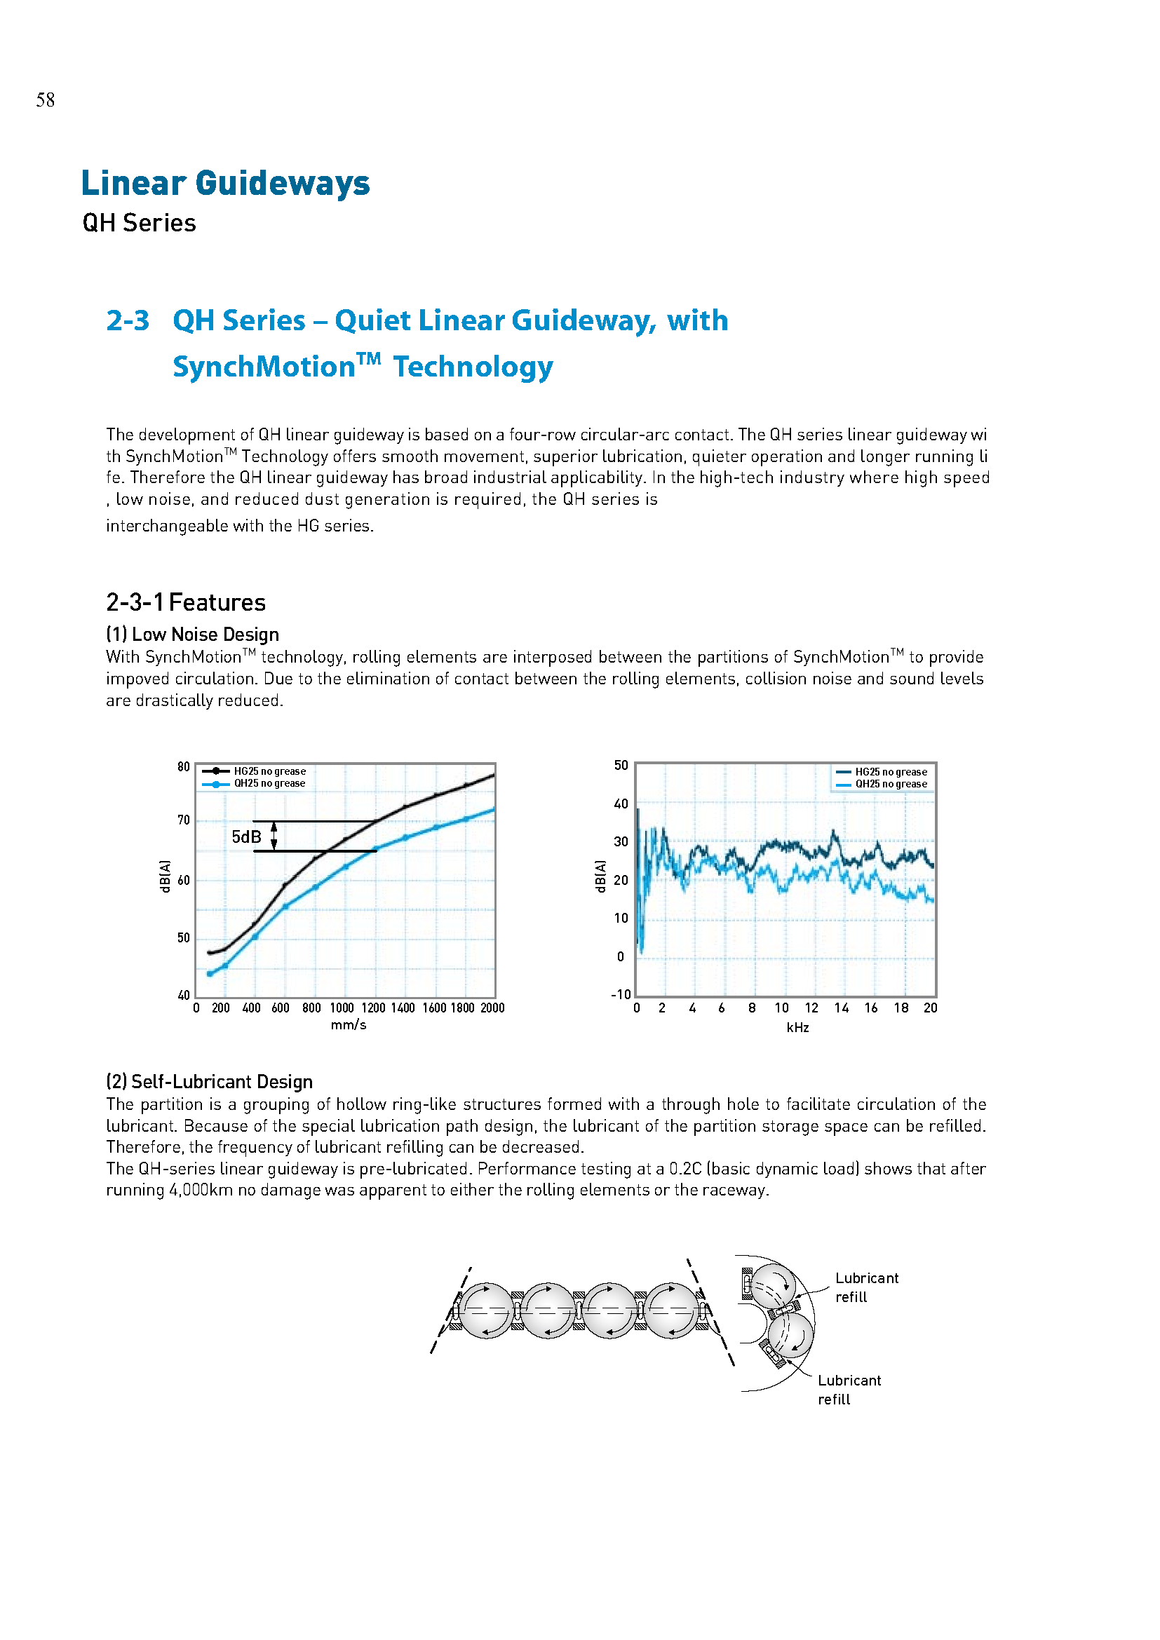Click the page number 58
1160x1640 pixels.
pyautogui.click(x=45, y=100)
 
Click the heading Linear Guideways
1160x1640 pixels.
pyautogui.click(x=225, y=183)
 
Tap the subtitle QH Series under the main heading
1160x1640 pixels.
pyautogui.click(x=139, y=223)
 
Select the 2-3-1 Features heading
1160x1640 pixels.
pyautogui.click(x=185, y=602)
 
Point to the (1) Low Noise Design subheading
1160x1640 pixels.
pyautogui.click(x=192, y=635)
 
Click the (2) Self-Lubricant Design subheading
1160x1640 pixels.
pyautogui.click(x=209, y=1081)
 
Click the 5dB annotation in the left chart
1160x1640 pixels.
pyautogui.click(x=246, y=836)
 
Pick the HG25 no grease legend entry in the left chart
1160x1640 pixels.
pyautogui.click(x=269, y=771)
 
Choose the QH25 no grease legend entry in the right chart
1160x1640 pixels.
pyautogui.click(x=891, y=784)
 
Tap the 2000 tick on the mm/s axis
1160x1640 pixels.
pyautogui.click(x=492, y=1008)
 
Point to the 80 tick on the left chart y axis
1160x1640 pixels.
pyautogui.click(x=184, y=767)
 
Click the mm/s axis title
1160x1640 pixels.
pyautogui.click(x=349, y=1025)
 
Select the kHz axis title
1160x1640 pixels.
pyautogui.click(x=797, y=1027)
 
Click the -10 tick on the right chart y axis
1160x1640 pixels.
pyautogui.click(x=621, y=994)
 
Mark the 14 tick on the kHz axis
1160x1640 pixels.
pyautogui.click(x=842, y=1008)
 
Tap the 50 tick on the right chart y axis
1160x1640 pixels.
pyautogui.click(x=621, y=766)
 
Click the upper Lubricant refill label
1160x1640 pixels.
pyautogui.click(x=866, y=1287)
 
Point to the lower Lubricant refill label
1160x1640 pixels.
pyautogui.click(x=849, y=1389)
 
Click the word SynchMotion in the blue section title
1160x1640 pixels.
pyautogui.click(x=264, y=367)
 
